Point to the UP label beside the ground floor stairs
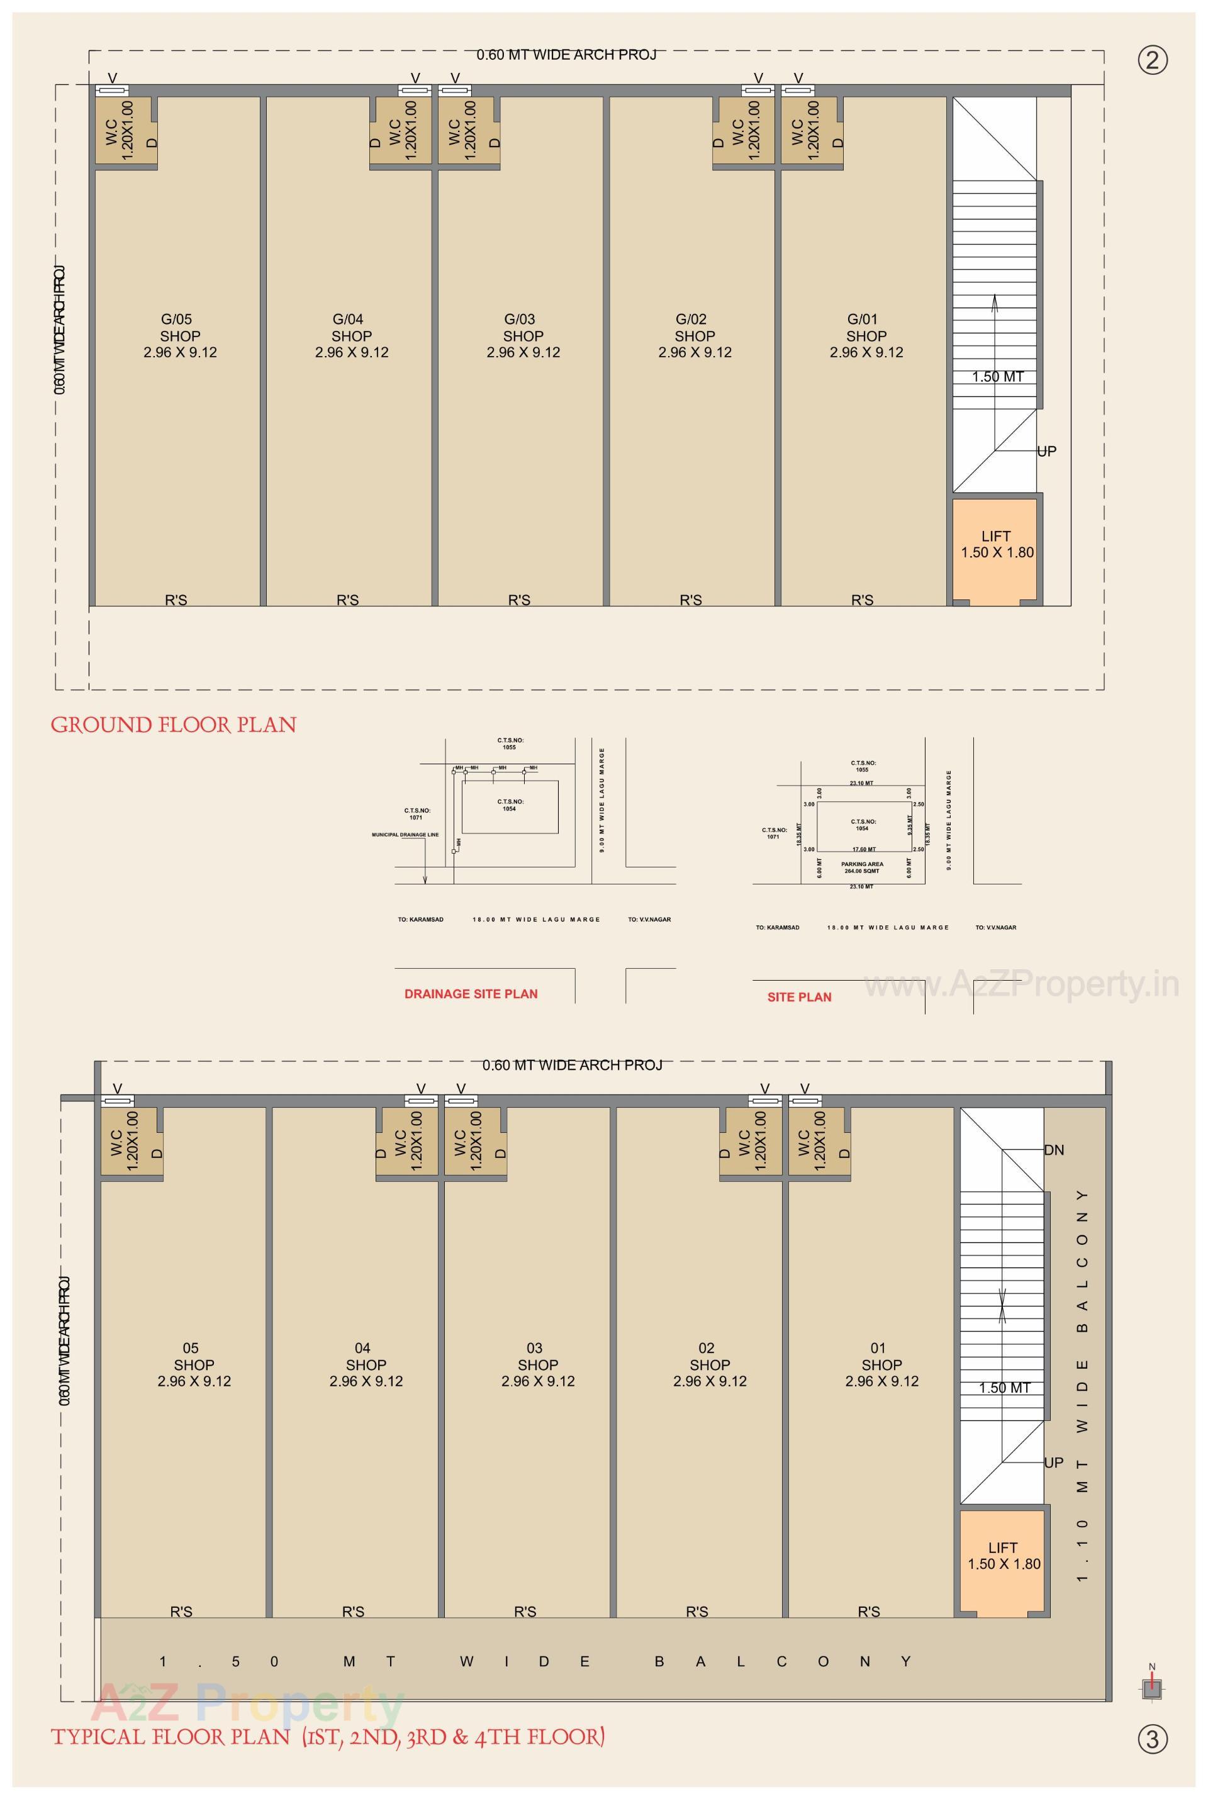1046,451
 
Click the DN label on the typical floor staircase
1054,1150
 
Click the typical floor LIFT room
1003,1556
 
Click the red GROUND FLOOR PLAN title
174,725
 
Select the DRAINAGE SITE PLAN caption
471,993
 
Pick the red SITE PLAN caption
799,996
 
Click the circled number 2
1153,60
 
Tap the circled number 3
1153,1738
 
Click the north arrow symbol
1153,1688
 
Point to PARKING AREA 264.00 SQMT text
862,867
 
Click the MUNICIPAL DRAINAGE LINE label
405,835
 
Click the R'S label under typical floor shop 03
525,1611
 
